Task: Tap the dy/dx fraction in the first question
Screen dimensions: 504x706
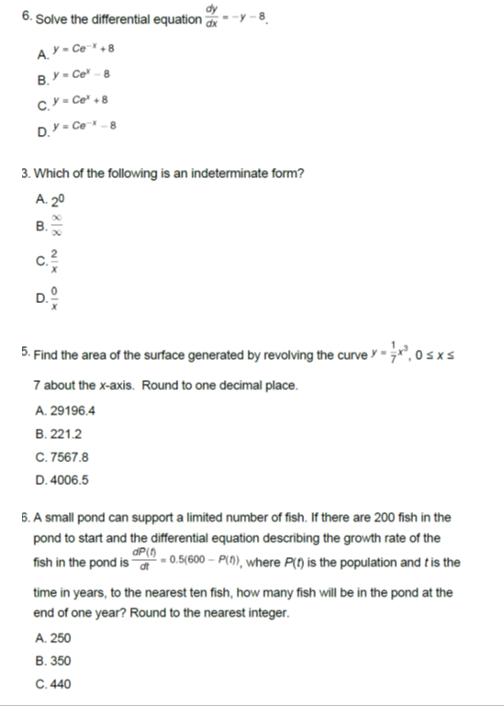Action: point(216,16)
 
